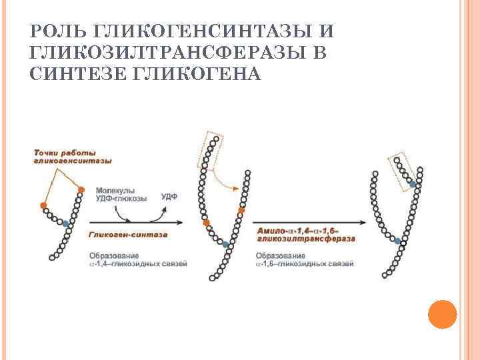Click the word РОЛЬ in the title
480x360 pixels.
click(57, 31)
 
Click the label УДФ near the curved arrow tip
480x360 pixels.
click(169, 197)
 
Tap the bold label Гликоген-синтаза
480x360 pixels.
click(127, 235)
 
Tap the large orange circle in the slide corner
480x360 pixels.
click(441, 313)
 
